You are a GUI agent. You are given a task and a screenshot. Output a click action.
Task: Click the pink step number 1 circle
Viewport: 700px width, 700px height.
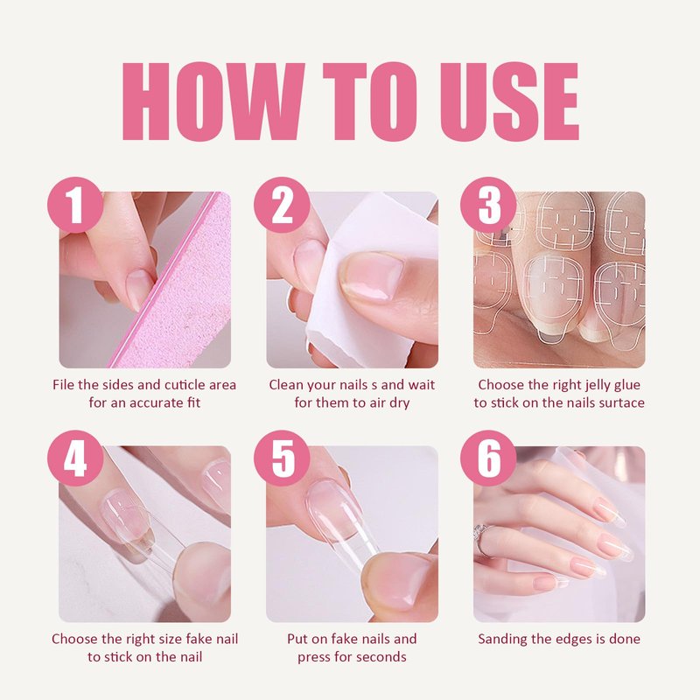click(75, 205)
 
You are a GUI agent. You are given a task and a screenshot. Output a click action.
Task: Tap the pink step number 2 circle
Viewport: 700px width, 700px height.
click(282, 205)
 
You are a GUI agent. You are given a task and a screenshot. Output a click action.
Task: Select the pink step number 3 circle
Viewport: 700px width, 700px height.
click(488, 205)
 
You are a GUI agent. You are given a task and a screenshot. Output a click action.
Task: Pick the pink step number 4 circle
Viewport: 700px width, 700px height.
click(75, 458)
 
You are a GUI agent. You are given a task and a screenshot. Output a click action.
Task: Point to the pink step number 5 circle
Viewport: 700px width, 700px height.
click(282, 458)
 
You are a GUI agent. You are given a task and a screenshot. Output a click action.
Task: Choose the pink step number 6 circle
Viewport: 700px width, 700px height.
click(488, 458)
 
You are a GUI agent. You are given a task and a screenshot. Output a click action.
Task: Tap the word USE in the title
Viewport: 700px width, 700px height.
click(509, 101)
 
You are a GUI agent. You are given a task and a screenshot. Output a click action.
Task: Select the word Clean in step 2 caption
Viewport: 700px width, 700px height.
click(286, 385)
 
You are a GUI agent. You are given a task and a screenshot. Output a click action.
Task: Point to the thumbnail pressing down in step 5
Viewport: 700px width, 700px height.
click(399, 580)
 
